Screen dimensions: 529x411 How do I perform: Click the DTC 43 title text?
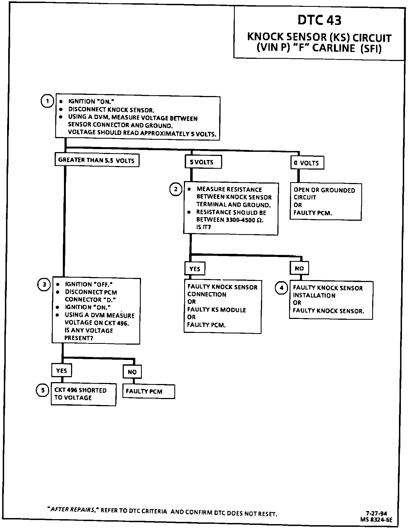(x=319, y=20)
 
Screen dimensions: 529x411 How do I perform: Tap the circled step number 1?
(x=47, y=101)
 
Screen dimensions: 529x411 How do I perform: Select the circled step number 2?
(x=176, y=189)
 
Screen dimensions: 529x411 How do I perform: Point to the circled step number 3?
(x=44, y=285)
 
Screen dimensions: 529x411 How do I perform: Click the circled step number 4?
(x=281, y=288)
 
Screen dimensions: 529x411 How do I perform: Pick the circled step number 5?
(x=43, y=390)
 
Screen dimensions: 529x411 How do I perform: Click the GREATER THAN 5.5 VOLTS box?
(x=96, y=160)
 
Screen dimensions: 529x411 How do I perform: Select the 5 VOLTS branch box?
(x=203, y=162)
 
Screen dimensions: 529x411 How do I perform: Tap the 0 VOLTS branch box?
(x=307, y=163)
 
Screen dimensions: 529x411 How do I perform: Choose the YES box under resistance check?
(x=195, y=269)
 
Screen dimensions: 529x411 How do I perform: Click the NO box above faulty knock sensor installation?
(x=299, y=268)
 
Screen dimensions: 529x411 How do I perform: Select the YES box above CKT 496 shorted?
(x=61, y=370)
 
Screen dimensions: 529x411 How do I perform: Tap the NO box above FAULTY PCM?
(x=132, y=372)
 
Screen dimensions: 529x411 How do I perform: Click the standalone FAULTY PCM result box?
(x=148, y=391)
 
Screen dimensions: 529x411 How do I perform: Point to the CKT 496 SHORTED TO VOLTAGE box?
(x=83, y=394)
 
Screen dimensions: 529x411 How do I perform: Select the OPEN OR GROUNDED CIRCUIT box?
(x=325, y=202)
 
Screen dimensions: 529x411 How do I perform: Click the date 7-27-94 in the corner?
(x=376, y=513)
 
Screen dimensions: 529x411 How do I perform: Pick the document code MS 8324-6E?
(x=376, y=519)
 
